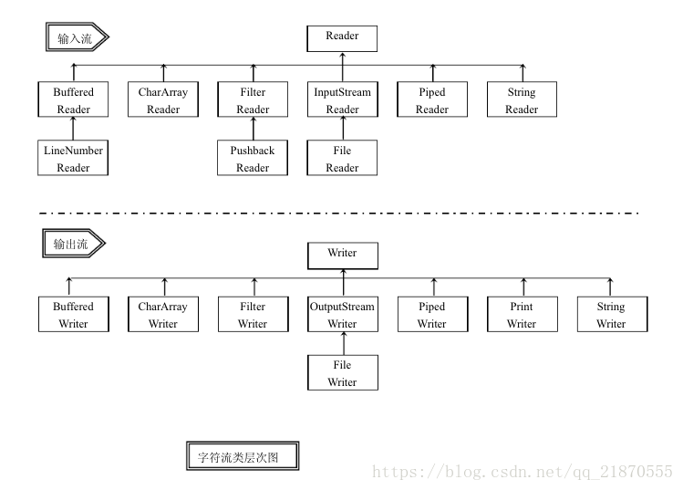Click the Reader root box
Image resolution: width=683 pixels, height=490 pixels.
coord(342,37)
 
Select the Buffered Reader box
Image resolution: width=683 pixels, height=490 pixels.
coord(74,100)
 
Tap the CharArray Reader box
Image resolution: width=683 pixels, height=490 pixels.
coord(164,100)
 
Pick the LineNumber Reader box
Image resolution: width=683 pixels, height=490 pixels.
coord(74,159)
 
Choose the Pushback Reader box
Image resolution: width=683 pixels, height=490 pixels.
coord(253,159)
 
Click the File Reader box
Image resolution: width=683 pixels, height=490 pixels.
coord(342,159)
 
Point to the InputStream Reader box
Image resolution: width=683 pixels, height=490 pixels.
coord(342,100)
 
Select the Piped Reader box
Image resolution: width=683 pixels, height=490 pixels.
coord(431,100)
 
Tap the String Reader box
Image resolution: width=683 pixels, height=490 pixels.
coord(522,100)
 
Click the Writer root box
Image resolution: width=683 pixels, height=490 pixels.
coord(342,255)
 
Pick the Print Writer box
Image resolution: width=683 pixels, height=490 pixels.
coord(522,315)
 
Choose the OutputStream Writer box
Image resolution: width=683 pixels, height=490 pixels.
coord(342,315)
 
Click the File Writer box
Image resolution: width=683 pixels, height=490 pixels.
coord(342,373)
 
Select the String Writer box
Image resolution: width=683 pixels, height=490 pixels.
coord(610,315)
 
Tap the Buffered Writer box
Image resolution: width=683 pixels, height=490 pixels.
coord(74,315)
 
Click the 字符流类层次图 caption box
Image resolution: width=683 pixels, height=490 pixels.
coord(242,457)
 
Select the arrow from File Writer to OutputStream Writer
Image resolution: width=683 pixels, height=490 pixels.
coord(343,344)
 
